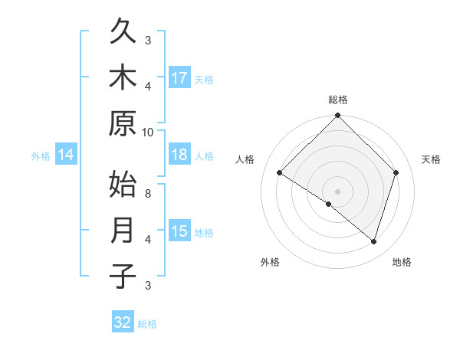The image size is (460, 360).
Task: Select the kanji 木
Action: [x=123, y=78]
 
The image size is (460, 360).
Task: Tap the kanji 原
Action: [x=123, y=123]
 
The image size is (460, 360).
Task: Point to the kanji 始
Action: [x=123, y=186]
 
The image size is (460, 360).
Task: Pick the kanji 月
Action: [x=123, y=231]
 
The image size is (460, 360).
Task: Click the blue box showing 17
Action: [x=179, y=77]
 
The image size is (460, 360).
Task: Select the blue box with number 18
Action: [x=179, y=155]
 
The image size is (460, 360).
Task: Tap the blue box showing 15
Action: [x=179, y=231]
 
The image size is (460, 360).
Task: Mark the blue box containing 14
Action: [x=66, y=155]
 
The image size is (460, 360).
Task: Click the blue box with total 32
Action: [x=123, y=322]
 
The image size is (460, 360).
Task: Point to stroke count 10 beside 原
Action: [x=148, y=132]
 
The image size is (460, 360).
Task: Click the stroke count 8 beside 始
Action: [x=148, y=193]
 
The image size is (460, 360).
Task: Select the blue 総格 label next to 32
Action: [x=147, y=324]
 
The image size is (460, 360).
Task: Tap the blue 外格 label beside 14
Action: [x=41, y=156]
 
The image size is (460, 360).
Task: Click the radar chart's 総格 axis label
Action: [x=337, y=100]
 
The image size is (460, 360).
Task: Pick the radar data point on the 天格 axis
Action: [x=396, y=172]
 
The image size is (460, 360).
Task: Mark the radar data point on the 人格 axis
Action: [x=280, y=173]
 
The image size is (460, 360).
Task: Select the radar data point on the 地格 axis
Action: [x=373, y=241]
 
